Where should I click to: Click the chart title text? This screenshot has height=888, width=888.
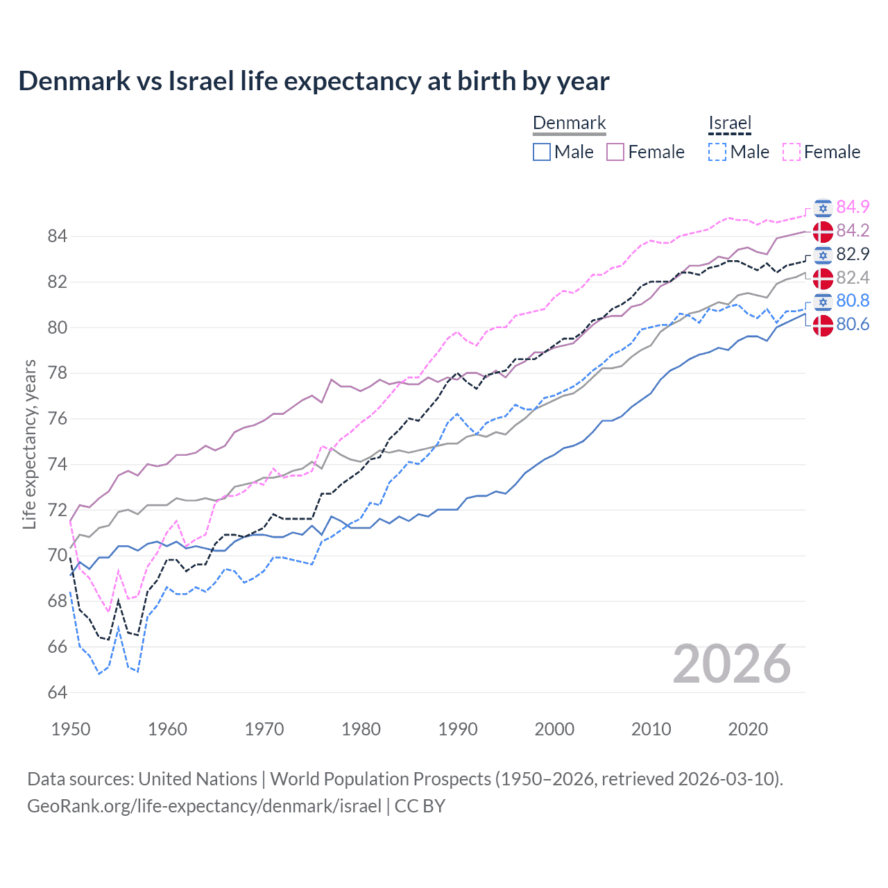click(x=314, y=81)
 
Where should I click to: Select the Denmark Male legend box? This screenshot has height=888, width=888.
click(x=542, y=152)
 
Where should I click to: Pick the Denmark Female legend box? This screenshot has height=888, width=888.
click(x=615, y=152)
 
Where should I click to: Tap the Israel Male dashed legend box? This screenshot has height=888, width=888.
click(x=717, y=152)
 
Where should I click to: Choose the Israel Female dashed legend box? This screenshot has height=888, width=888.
click(x=792, y=152)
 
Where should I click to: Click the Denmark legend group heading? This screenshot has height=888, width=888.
click(x=569, y=123)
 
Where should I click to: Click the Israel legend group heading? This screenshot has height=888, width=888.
click(x=730, y=123)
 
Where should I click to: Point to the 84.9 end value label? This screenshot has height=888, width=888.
click(x=853, y=207)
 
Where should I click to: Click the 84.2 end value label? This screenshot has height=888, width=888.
click(x=853, y=230)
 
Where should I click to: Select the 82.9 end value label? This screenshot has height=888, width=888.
click(x=853, y=254)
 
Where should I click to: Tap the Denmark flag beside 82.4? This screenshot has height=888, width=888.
click(x=823, y=278)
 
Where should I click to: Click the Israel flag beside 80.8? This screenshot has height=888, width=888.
click(x=823, y=301)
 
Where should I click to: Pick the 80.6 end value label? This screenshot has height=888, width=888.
click(x=853, y=325)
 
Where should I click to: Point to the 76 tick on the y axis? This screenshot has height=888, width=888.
click(x=57, y=419)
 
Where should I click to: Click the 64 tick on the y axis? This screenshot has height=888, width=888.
click(x=57, y=692)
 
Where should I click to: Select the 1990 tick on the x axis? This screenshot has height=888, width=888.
click(x=458, y=729)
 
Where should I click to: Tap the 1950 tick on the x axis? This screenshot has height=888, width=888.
click(x=71, y=729)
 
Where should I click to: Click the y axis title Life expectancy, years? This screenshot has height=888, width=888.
click(x=29, y=444)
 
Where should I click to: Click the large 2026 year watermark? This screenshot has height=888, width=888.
click(x=731, y=664)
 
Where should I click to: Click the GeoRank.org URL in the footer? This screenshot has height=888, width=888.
click(x=204, y=806)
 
